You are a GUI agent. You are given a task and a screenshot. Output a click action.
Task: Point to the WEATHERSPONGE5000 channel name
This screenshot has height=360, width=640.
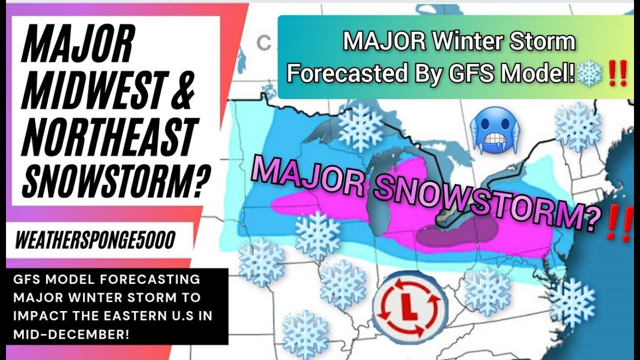pyautogui.click(x=95, y=241)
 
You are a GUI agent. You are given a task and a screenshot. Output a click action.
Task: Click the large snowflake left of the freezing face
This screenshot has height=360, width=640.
pyautogui.click(x=360, y=127)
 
